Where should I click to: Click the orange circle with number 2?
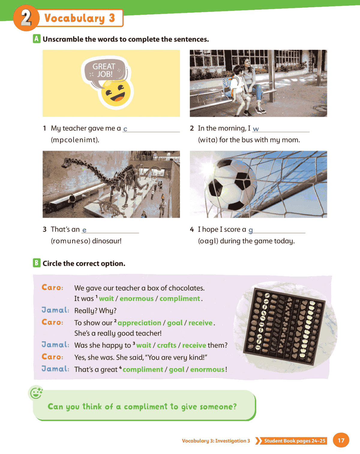[26, 18]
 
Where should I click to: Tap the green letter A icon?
[37, 39]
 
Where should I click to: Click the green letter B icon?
[37, 263]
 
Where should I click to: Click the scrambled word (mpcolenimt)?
[75, 140]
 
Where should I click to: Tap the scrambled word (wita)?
[208, 140]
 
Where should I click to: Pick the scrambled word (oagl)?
[208, 241]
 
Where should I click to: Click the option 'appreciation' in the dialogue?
[139, 323]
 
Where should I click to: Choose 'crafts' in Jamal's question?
[166, 345]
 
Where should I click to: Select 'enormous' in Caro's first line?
[136, 299]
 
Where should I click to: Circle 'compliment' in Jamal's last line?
[143, 370]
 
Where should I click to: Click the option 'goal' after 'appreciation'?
[175, 323]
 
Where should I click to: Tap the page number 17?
[341, 440]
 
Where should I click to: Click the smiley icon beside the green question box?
[36, 393]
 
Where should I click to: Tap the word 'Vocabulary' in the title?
[75, 18]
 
